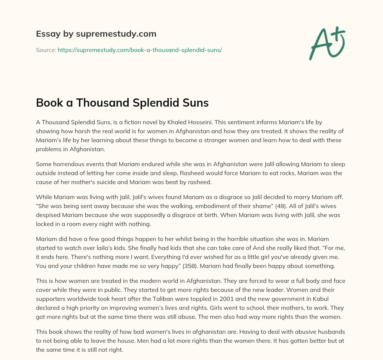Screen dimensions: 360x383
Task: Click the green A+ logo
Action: click(x=327, y=43)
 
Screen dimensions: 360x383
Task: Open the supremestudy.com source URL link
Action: click(x=140, y=50)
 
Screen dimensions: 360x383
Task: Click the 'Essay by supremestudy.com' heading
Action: click(x=96, y=34)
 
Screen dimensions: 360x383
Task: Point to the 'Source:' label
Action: click(x=46, y=50)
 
